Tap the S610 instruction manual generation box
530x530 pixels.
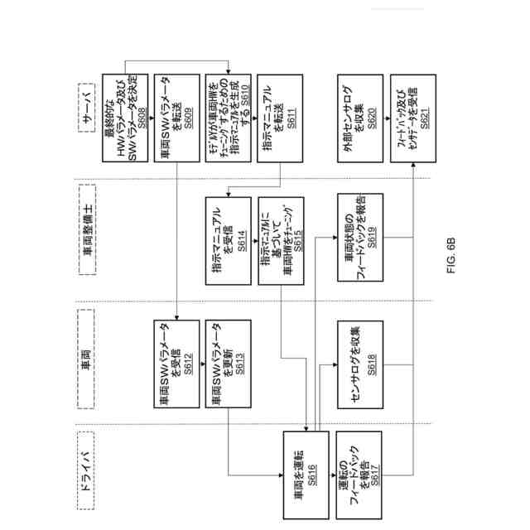point(226,118)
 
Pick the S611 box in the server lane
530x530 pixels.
point(277,118)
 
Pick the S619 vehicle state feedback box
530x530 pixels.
point(356,239)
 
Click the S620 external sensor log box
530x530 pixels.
point(356,118)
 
